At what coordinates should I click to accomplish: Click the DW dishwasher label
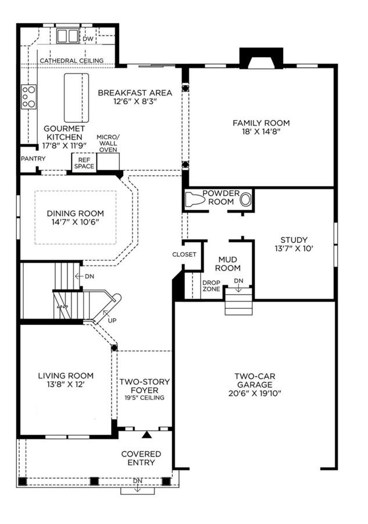point(88,39)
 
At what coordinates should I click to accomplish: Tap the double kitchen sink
point(67,36)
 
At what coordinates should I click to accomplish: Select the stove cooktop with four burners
point(29,97)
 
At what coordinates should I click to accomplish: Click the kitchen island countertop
point(76,98)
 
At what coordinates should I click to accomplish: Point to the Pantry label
point(33,158)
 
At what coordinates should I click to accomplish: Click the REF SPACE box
point(84,163)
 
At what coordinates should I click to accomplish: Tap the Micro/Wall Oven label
point(108,143)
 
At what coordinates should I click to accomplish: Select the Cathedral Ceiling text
point(72,61)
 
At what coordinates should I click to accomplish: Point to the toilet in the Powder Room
point(195,200)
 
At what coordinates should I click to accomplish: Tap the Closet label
point(184,254)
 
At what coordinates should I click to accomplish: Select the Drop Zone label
point(211,286)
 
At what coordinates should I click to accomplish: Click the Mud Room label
point(228,264)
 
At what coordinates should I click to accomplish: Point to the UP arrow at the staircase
point(107,314)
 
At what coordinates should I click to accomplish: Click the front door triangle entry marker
point(146,434)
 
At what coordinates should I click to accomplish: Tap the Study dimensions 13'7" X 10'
point(294,248)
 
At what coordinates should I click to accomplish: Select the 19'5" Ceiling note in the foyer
point(145,398)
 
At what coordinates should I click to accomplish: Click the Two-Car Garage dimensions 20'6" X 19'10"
point(255,394)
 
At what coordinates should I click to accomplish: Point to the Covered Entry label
point(141,458)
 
